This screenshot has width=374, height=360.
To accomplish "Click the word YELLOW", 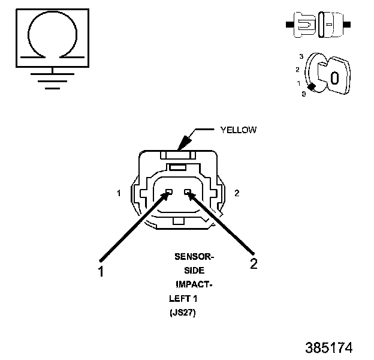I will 239,129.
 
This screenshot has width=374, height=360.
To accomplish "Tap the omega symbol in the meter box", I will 52,36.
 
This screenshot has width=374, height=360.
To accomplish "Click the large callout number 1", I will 101,271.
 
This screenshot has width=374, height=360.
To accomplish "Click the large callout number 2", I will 254,264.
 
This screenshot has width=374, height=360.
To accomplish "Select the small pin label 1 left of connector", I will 119,193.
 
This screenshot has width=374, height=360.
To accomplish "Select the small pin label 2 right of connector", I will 237,193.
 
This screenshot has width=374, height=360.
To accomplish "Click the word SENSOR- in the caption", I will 194,257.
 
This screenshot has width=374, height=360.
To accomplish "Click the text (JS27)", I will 183,313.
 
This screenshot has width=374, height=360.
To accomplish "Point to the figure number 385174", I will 328,347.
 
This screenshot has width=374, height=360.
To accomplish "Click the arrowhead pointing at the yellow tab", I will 183,142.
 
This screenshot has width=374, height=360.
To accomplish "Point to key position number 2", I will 297,70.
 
